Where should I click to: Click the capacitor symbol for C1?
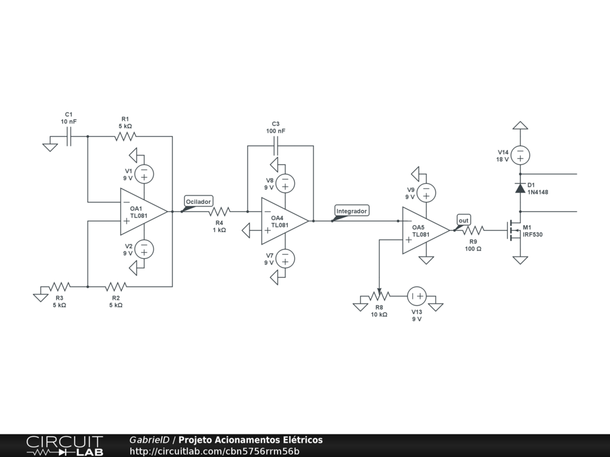pos(69,136)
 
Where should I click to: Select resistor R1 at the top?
pos(125,136)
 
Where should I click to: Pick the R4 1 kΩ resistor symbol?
pos(219,212)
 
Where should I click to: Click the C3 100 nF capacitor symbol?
pos(276,146)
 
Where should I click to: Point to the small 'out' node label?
pos(463,221)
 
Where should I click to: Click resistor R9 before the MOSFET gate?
pos(473,230)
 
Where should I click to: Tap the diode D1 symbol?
pos(520,189)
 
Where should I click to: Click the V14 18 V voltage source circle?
pos(520,155)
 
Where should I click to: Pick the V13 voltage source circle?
pos(416,296)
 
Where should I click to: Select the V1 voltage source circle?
pos(144,174)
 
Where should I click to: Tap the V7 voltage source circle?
pos(285,258)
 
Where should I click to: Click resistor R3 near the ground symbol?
pos(60,287)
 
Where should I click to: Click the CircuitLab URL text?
pos(214,451)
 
